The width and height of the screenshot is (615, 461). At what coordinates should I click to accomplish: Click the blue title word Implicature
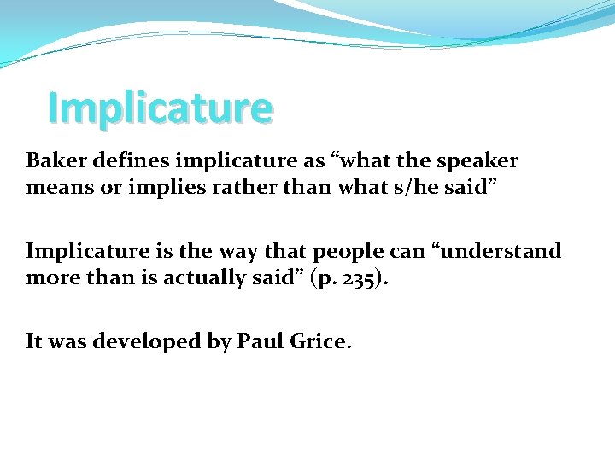(161, 108)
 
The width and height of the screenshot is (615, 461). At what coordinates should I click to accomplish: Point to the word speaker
(479, 161)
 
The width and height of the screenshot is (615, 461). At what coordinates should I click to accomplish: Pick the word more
(56, 277)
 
